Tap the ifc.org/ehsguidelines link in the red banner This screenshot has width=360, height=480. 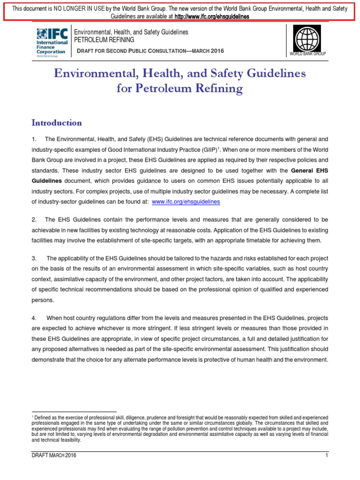(x=211, y=16)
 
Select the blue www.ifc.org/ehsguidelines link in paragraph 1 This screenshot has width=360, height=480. (x=186, y=202)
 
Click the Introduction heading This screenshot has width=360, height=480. (x=57, y=123)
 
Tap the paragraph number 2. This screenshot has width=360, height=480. (x=34, y=219)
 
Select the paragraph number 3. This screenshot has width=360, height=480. (x=34, y=258)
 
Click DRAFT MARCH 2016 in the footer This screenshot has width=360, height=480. (x=53, y=455)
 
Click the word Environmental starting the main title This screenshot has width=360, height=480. (x=97, y=74)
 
